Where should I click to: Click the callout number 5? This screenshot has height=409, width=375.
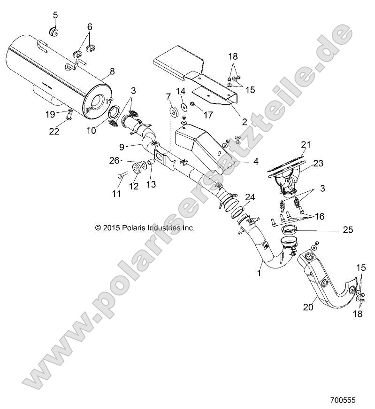pos(55,15)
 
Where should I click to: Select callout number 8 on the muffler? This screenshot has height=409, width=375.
pos(112,72)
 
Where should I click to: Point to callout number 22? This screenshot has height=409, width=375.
pos(54,132)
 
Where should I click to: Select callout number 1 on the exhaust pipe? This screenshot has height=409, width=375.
pos(260,272)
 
